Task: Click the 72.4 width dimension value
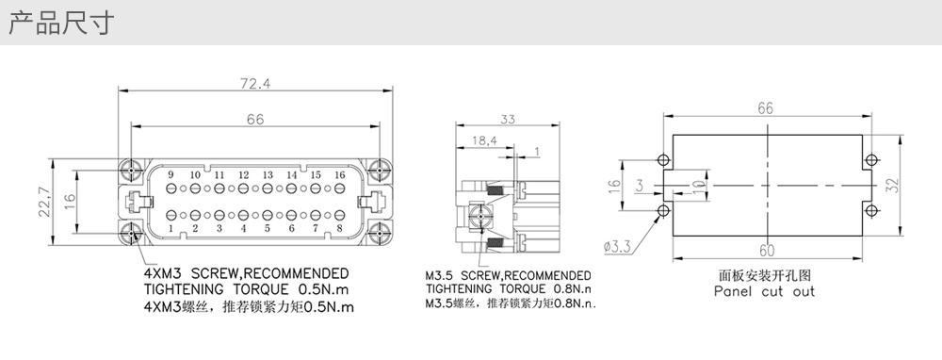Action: click(255, 83)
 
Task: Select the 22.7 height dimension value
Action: click(44, 202)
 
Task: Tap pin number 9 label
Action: click(171, 175)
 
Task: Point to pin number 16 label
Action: click(339, 175)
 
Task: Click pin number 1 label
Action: click(171, 228)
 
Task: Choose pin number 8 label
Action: click(339, 228)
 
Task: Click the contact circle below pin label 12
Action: click(243, 188)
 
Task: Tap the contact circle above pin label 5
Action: click(268, 215)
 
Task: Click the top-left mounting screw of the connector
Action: click(132, 171)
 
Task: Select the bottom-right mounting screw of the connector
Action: click(379, 233)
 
